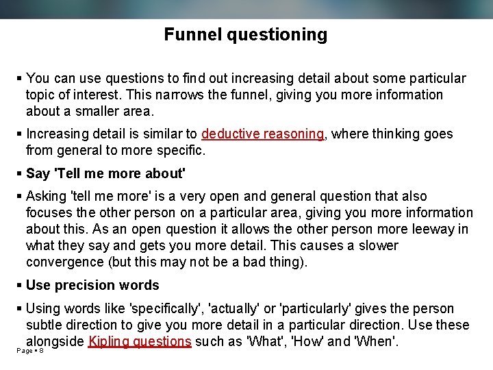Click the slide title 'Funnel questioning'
tap(246, 34)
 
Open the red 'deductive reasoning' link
tap(263, 134)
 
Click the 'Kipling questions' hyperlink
tap(140, 341)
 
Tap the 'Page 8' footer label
tap(30, 351)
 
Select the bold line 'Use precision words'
tap(92, 285)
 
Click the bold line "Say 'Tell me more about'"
tap(105, 173)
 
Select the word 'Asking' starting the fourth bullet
tap(47, 196)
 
